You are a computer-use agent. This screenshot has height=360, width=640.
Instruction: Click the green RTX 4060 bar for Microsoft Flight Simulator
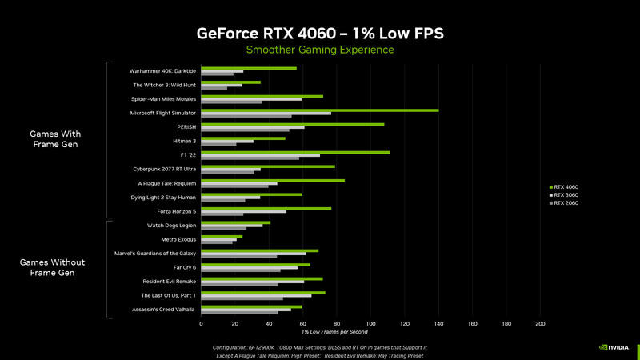(x=320, y=110)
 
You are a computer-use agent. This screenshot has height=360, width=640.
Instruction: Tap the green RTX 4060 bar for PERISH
(x=292, y=124)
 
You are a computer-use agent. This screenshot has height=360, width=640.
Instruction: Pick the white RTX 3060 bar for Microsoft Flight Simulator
(x=266, y=114)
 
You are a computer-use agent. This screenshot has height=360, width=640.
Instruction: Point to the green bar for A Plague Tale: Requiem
(x=273, y=180)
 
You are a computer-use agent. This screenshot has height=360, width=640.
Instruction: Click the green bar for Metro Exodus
(x=221, y=236)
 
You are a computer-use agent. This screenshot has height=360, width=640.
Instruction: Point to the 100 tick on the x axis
(x=370, y=323)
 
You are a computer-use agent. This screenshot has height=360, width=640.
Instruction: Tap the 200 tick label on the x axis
(x=540, y=323)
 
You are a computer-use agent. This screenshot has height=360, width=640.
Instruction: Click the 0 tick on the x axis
(x=201, y=323)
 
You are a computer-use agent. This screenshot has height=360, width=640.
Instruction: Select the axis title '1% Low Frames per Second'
(x=334, y=332)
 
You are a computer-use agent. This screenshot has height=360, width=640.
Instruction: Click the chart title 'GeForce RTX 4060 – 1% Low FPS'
(x=320, y=34)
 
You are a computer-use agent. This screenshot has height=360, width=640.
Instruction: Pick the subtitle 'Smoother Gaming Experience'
(x=320, y=50)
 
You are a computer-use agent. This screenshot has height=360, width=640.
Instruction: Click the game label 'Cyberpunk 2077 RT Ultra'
(x=165, y=169)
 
